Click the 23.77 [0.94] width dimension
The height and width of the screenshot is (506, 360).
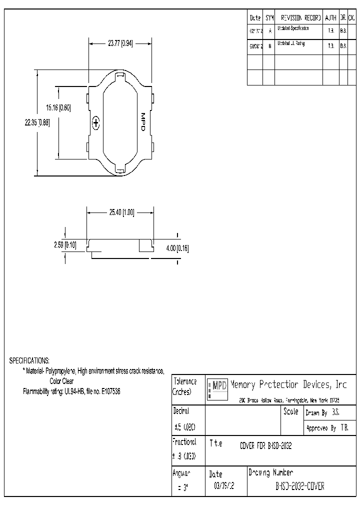click(120, 43)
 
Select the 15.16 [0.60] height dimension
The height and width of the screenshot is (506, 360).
click(59, 107)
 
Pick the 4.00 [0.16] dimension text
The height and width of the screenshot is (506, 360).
click(177, 248)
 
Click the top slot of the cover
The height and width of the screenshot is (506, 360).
click(120, 76)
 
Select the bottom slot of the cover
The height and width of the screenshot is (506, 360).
click(120, 171)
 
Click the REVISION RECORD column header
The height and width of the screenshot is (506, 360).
click(299, 17)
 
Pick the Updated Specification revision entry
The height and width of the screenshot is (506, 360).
click(293, 29)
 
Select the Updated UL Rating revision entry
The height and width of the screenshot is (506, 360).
click(291, 44)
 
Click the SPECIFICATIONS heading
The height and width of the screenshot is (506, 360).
click(29, 360)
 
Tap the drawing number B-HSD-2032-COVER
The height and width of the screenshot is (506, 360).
click(300, 486)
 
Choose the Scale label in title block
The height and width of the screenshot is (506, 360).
click(290, 412)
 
